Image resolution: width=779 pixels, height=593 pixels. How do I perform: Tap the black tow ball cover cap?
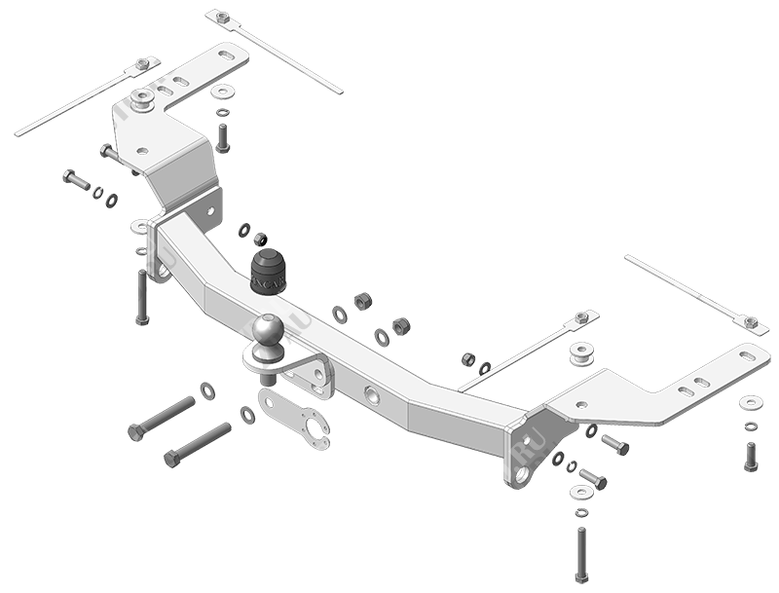(268, 272)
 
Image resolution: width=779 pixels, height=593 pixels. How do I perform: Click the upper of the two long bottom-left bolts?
(162, 418)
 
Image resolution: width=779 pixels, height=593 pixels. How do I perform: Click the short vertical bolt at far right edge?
(751, 456)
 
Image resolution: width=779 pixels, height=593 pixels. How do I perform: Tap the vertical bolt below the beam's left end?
(142, 297)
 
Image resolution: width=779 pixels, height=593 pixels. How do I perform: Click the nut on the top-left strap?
(142, 64)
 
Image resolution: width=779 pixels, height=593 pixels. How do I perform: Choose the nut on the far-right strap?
(750, 321)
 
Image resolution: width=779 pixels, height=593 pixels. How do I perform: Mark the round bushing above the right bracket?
(582, 352)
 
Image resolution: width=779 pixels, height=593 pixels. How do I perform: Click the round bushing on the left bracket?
(143, 99)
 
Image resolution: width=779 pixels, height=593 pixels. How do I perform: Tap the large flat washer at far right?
(751, 402)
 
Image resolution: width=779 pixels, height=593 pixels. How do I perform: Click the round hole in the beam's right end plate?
(523, 475)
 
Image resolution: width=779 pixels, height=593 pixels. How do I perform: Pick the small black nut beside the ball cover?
(260, 239)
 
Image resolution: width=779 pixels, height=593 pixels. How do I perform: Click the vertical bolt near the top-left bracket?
(222, 138)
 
